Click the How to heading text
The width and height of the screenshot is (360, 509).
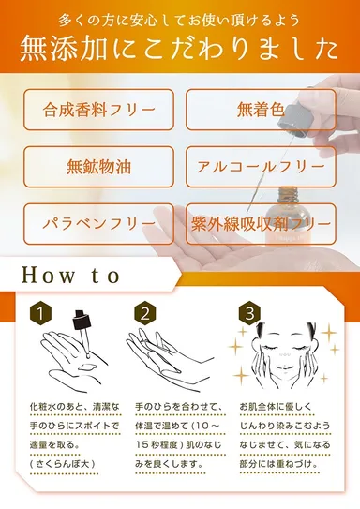[71, 276]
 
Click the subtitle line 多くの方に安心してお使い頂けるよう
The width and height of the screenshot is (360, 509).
[179, 18]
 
